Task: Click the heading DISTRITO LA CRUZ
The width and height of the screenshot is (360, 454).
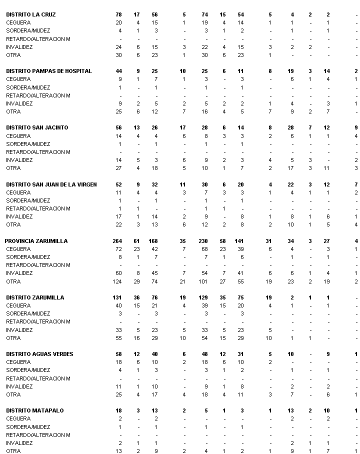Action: pyautogui.click(x=31, y=14)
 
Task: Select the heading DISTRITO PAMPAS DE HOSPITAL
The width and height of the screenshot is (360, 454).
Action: pyautogui.click(x=49, y=71)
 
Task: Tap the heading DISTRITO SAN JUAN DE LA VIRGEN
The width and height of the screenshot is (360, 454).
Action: pyautogui.click(x=51, y=184)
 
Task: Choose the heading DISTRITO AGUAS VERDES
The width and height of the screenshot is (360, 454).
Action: pyautogui.click(x=39, y=354)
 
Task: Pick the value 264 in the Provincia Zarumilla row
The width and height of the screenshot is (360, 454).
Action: pyautogui.click(x=117, y=241)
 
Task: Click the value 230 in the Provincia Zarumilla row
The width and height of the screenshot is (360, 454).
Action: pyautogui.click(x=203, y=241)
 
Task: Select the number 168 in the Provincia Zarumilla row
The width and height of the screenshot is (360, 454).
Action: pyautogui.click(x=153, y=241)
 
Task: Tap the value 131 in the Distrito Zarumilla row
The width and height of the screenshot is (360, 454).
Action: pyautogui.click(x=118, y=297)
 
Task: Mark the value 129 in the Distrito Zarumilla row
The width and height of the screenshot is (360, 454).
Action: pyautogui.click(x=203, y=297)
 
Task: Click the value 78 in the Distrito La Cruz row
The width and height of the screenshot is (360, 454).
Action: pyautogui.click(x=119, y=14)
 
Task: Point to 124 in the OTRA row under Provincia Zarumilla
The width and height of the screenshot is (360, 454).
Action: pyautogui.click(x=117, y=281)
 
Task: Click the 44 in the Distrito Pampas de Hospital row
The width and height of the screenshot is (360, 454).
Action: pyautogui.click(x=119, y=71)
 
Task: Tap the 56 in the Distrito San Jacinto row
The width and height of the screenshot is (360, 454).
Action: pyautogui.click(x=119, y=127)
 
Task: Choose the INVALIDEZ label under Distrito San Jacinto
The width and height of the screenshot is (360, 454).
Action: pyautogui.click(x=19, y=160)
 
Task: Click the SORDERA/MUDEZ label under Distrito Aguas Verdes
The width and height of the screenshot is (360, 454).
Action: pyautogui.click(x=28, y=370)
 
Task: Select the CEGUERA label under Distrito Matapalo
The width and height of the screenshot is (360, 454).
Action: pyautogui.click(x=18, y=418)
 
